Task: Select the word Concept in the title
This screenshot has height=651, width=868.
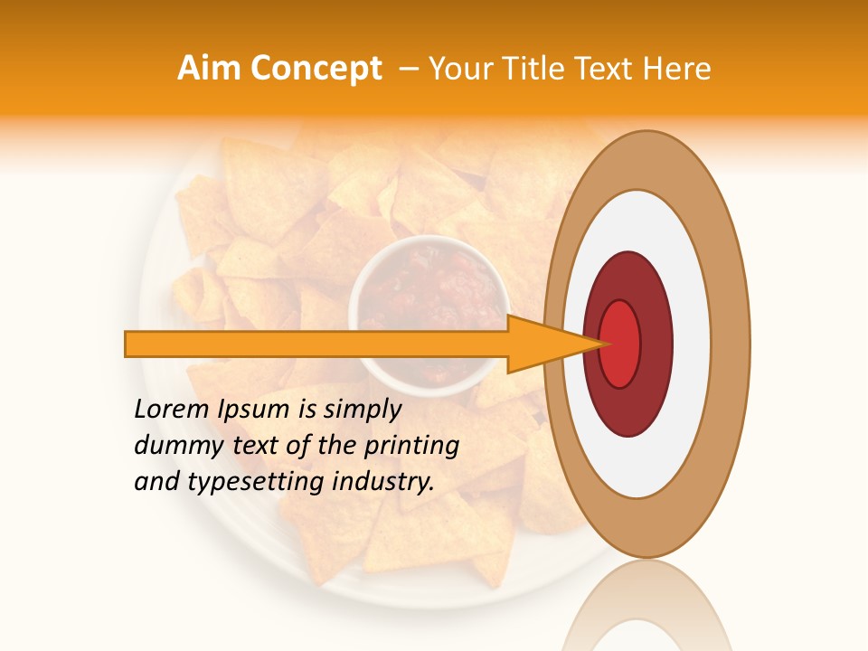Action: pyautogui.click(x=316, y=69)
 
